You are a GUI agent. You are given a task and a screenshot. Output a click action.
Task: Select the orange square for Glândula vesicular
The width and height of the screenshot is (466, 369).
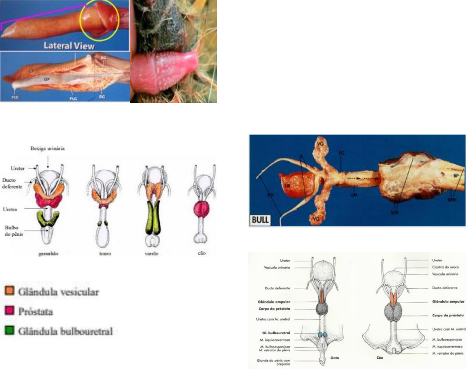coord(9,291)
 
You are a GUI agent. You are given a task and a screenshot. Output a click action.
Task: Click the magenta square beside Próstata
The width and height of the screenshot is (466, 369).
coord(9,312)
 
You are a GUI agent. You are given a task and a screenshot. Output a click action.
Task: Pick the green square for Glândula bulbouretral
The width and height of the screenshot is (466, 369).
coord(9,331)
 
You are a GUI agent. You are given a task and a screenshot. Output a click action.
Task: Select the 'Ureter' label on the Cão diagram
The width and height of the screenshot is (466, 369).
coord(437,260)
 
